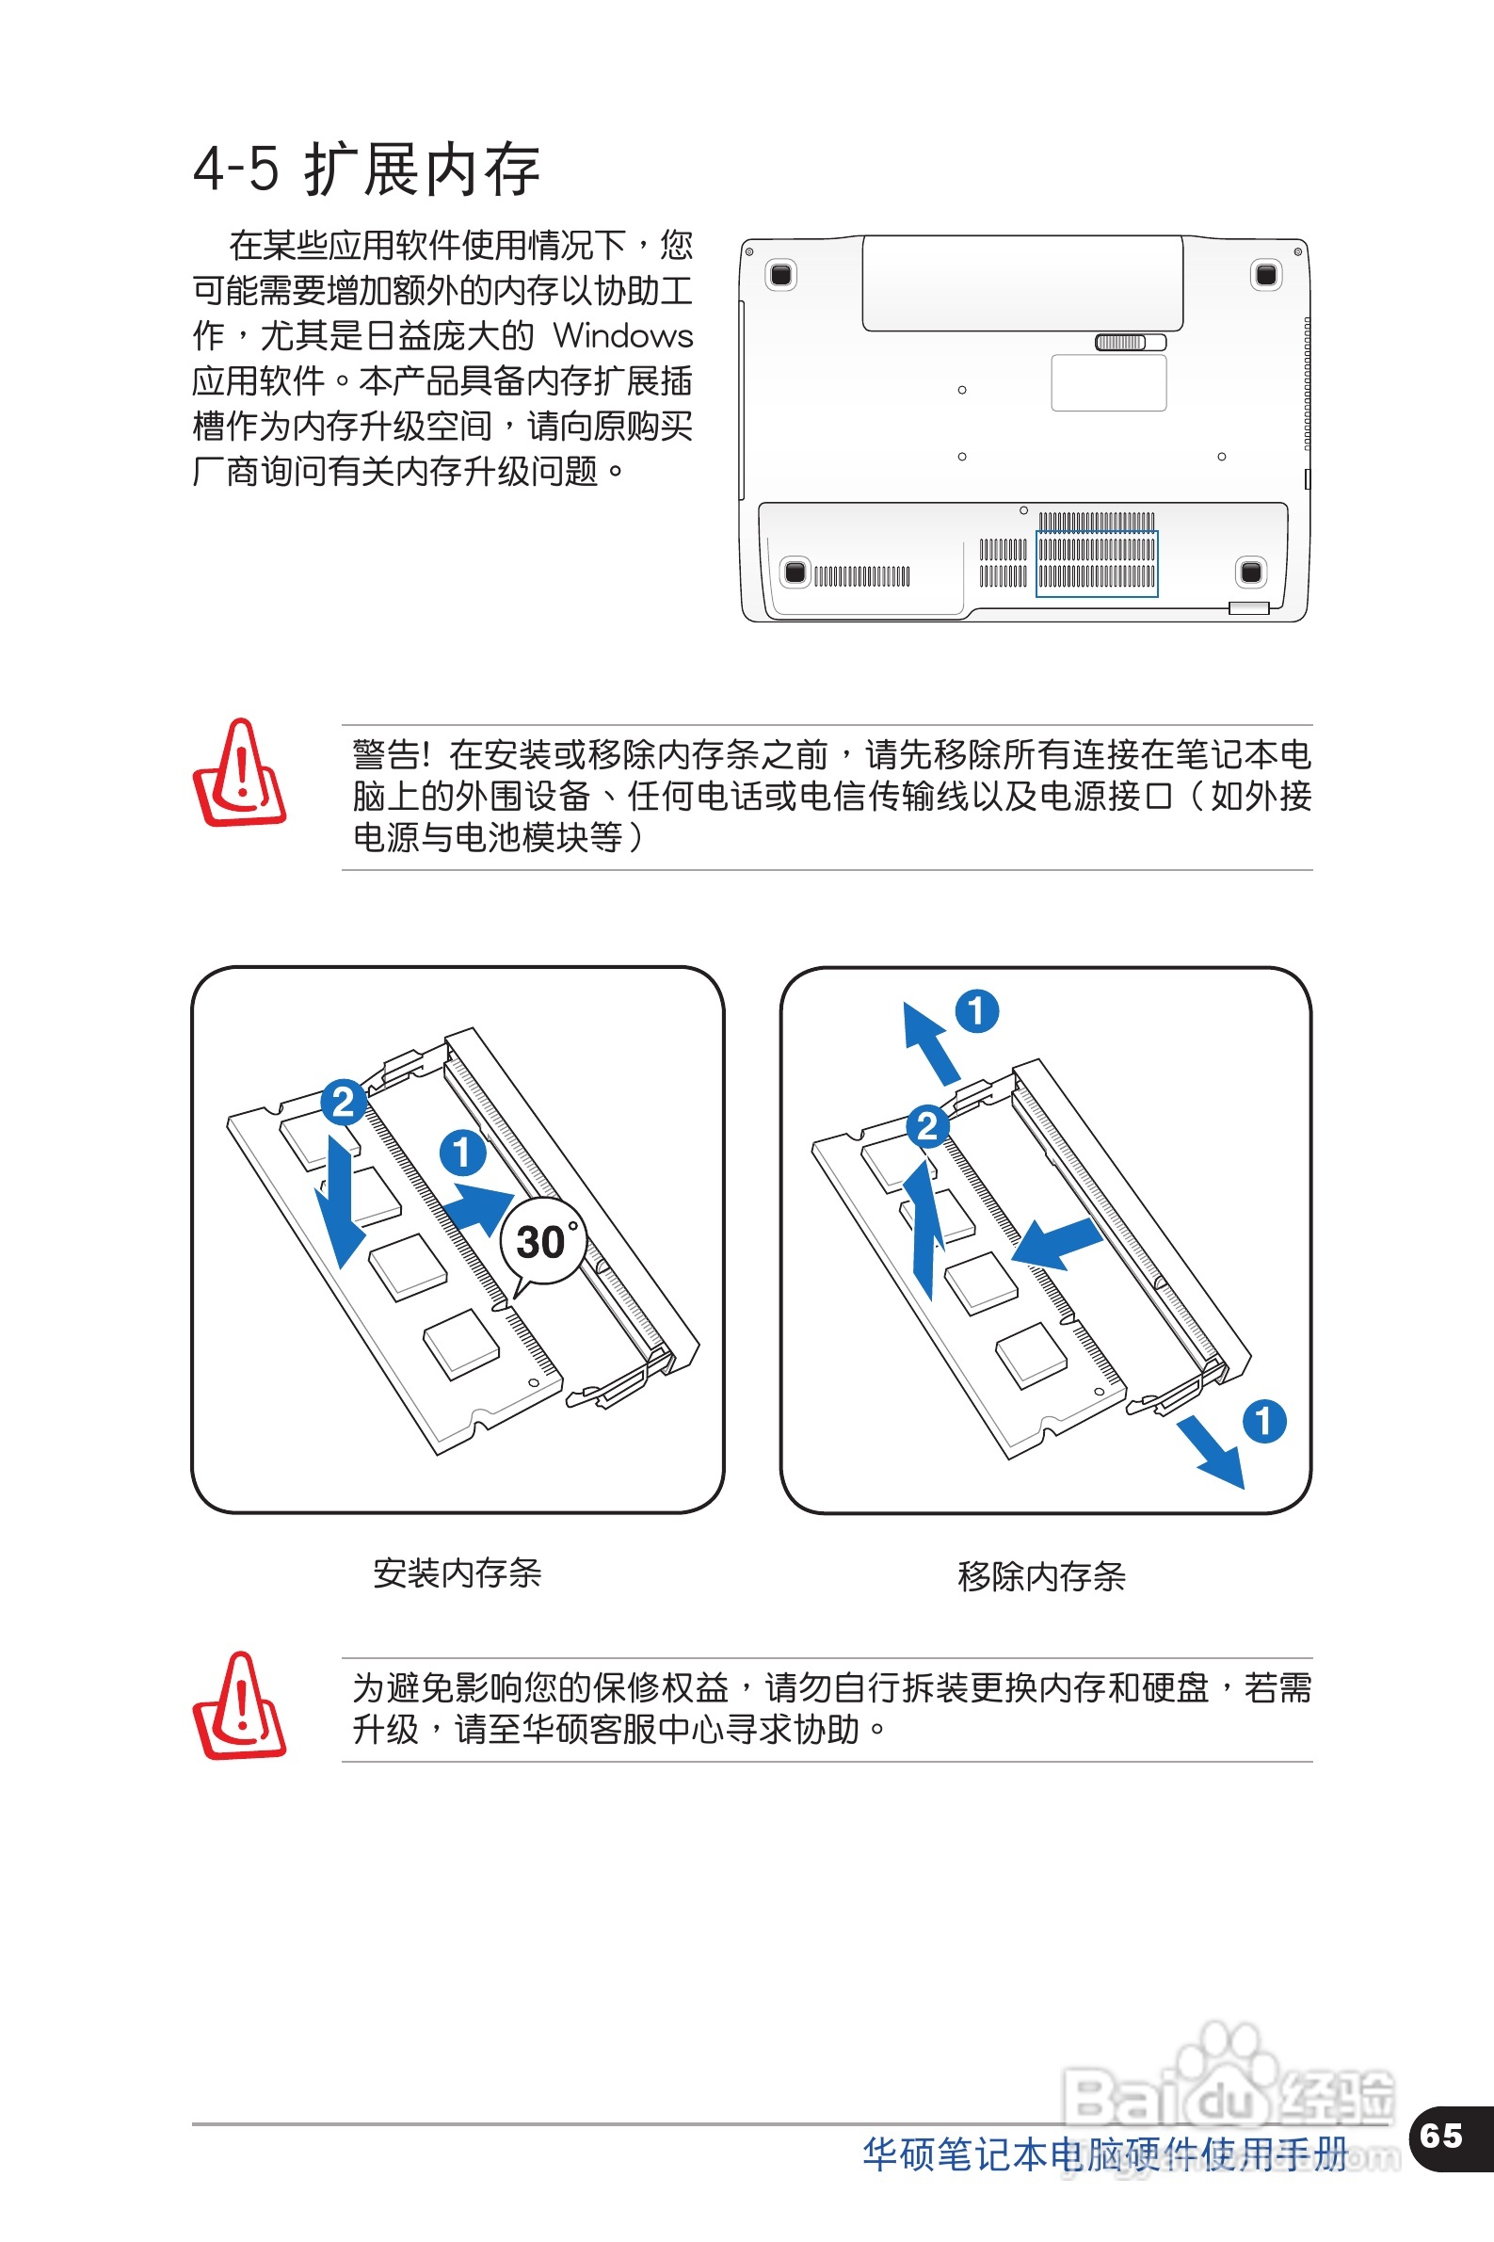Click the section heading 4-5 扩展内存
367,169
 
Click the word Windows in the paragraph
623,335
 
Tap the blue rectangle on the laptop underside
1097,563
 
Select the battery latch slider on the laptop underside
1130,342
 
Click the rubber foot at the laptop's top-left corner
780,275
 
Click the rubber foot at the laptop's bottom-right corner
1250,572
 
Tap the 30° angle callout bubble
543,1242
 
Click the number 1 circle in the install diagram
462,1152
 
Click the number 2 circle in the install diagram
343,1103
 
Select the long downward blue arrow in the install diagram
340,1201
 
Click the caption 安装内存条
457,1573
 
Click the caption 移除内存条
1040,1576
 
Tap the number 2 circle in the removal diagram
926,1126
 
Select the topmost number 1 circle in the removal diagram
976,1011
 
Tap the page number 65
1439,2136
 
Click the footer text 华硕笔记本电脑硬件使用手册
1104,2154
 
